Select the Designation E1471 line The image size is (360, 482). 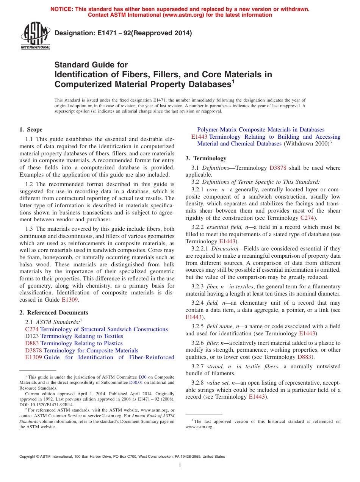[123, 33]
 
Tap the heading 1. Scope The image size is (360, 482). [31, 130]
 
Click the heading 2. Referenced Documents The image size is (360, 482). [54, 313]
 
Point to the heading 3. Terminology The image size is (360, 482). [206, 158]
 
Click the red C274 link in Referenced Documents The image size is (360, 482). [32, 329]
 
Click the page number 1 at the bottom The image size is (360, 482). [180, 466]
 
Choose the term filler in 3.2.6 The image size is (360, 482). [214, 343]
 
